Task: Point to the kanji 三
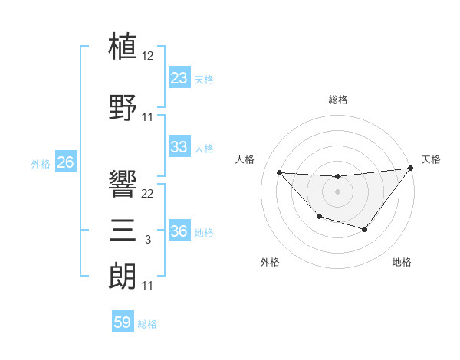pos(123,230)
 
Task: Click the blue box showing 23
pos(179,78)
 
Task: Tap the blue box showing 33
pos(179,147)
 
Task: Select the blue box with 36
pos(179,231)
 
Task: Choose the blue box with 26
pos(65,162)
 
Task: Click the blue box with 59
pos(123,322)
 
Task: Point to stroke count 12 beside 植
pos(148,57)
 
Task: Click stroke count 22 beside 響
pos(148,194)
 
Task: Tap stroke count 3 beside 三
pos(148,241)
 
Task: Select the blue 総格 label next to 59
pos(147,324)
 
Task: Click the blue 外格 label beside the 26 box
pos(41,164)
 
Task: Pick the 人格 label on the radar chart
pos(245,159)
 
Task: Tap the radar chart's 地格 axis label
pos(402,262)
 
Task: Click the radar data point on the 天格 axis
pos(410,169)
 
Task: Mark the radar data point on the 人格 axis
pos(279,172)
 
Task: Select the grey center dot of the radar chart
pos(337,191)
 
